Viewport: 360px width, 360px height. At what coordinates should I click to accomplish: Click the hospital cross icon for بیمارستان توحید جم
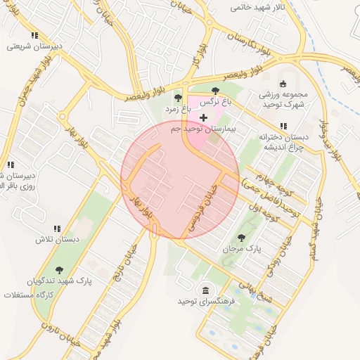click(x=203, y=117)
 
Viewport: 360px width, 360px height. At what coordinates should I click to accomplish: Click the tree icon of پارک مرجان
click(x=242, y=238)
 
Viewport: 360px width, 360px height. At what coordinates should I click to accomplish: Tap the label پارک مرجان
click(x=242, y=250)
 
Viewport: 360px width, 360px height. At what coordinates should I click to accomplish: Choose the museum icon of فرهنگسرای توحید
click(x=205, y=290)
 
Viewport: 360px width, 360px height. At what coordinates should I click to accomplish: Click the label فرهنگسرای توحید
click(x=205, y=302)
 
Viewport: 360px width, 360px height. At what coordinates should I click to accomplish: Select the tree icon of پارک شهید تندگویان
click(x=58, y=269)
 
